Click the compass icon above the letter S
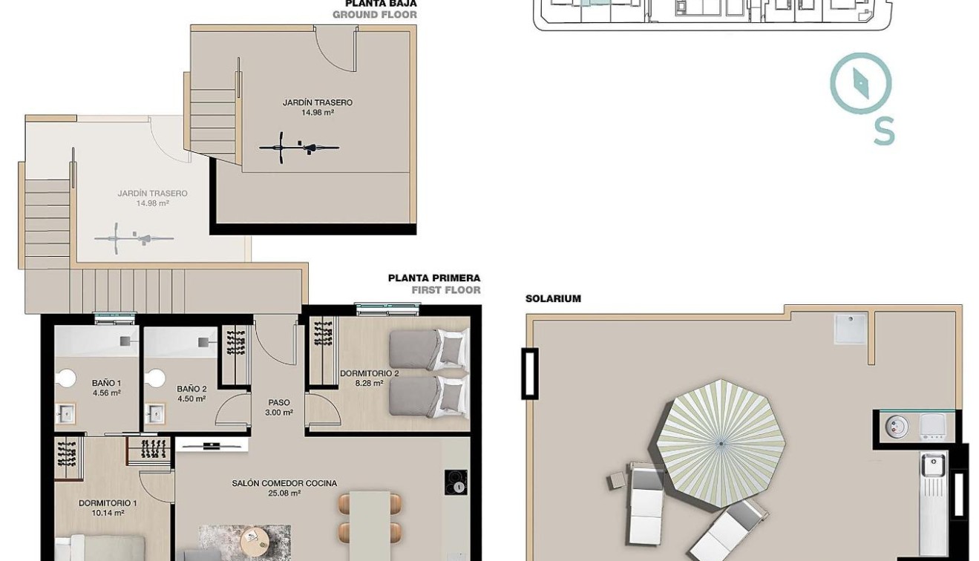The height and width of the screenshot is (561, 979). point(860,83)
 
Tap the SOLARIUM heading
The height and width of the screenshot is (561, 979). point(553,299)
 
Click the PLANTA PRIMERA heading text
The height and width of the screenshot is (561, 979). point(433,278)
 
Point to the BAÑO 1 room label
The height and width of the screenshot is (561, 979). point(106,384)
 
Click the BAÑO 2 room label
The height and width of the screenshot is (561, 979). point(191,389)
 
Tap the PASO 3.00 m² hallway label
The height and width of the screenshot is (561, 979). point(279,407)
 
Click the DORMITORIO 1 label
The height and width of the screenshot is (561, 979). point(108,503)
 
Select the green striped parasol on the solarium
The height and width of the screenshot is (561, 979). point(721,443)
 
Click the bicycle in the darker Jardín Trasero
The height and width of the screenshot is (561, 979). point(299,146)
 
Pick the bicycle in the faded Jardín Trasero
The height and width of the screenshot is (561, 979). point(134,238)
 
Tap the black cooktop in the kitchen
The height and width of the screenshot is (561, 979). point(456,482)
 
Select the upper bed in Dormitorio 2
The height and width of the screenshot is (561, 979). point(428,349)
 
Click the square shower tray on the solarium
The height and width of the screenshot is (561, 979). point(850,328)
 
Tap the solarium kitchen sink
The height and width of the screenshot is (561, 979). point(932,466)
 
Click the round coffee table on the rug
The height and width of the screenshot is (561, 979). point(255,537)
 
